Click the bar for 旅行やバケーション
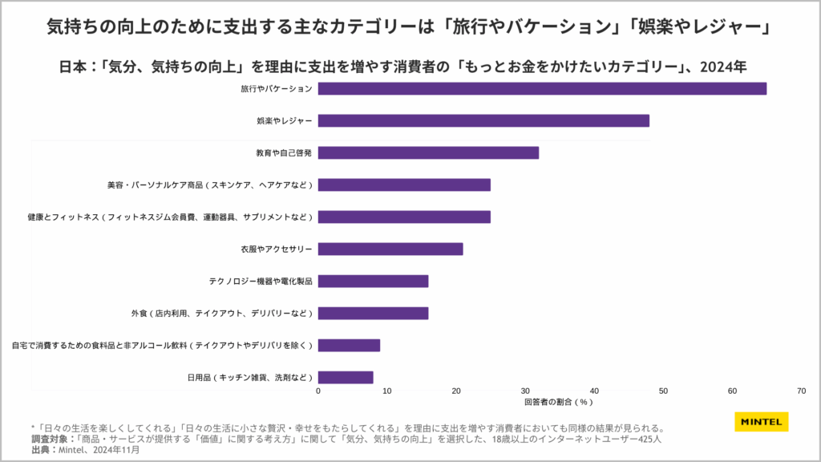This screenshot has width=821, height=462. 542,88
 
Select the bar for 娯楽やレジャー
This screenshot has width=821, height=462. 483,120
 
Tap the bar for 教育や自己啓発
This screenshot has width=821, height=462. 428,152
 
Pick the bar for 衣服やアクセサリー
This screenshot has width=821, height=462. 390,249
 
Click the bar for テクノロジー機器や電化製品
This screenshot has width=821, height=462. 373,281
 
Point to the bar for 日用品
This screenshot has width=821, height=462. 346,377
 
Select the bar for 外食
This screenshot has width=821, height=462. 373,313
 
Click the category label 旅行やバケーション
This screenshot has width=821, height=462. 277,88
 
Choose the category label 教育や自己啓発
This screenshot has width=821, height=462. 284,152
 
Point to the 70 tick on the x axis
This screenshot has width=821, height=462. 801,391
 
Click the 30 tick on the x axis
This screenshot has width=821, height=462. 525,391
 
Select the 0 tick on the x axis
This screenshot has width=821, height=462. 318,391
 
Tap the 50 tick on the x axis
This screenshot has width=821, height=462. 663,391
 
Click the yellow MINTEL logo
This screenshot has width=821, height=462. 761,422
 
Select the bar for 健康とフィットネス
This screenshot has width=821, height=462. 404,217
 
